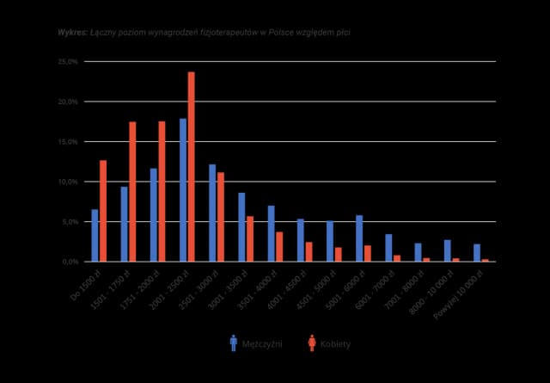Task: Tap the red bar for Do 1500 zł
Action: (x=103, y=210)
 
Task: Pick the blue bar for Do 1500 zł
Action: (x=95, y=235)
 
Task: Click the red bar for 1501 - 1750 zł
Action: (x=132, y=191)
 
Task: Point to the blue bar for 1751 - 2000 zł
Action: (x=154, y=214)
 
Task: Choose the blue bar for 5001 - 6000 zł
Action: (x=359, y=238)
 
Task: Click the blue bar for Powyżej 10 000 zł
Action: (x=476, y=252)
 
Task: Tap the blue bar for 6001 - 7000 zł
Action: (x=388, y=247)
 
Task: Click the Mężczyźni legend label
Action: (x=262, y=343)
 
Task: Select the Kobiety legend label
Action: (x=335, y=343)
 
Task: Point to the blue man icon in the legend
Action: (x=233, y=343)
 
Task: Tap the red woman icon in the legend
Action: (x=311, y=343)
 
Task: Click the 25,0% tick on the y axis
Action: (x=67, y=62)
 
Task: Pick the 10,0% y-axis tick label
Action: (x=67, y=182)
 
